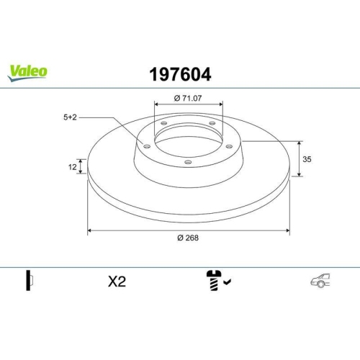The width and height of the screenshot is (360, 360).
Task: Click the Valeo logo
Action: pyautogui.click(x=28, y=71)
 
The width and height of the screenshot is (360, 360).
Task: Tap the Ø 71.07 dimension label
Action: pyautogui.click(x=189, y=96)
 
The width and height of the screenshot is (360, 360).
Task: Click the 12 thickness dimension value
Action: pyautogui.click(x=72, y=166)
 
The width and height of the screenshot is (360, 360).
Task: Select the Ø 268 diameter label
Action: pyautogui.click(x=189, y=239)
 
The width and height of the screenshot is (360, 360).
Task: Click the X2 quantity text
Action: pyautogui.click(x=116, y=282)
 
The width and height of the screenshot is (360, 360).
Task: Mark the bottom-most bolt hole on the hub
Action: pyautogui.click(x=188, y=162)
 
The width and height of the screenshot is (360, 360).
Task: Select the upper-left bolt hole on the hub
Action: pyautogui.click(x=163, y=124)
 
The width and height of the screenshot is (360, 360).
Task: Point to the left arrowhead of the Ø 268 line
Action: pyautogui.click(x=90, y=230)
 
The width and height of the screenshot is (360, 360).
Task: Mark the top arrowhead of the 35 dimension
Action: pyautogui.click(x=300, y=142)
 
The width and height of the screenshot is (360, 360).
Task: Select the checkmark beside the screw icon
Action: pyautogui.click(x=227, y=283)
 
